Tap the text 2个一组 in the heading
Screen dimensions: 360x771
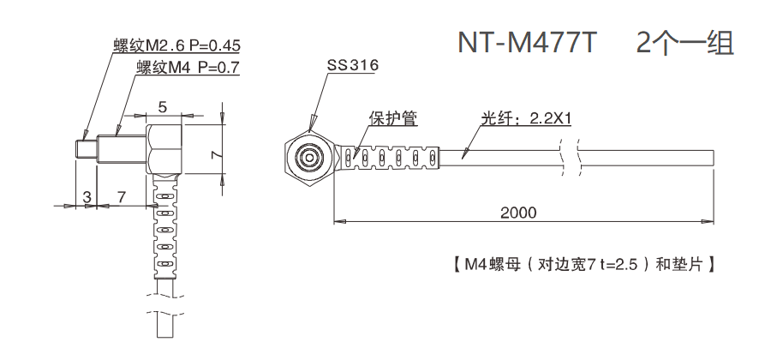[x=685, y=44]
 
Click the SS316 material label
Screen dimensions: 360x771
[x=352, y=66]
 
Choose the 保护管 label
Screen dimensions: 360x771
[x=394, y=118]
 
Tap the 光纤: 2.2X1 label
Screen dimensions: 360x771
[x=525, y=118]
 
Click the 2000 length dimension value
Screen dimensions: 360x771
[x=519, y=212]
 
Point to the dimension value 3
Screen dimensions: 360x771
[x=87, y=196]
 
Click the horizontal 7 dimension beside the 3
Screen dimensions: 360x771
[x=121, y=196]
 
